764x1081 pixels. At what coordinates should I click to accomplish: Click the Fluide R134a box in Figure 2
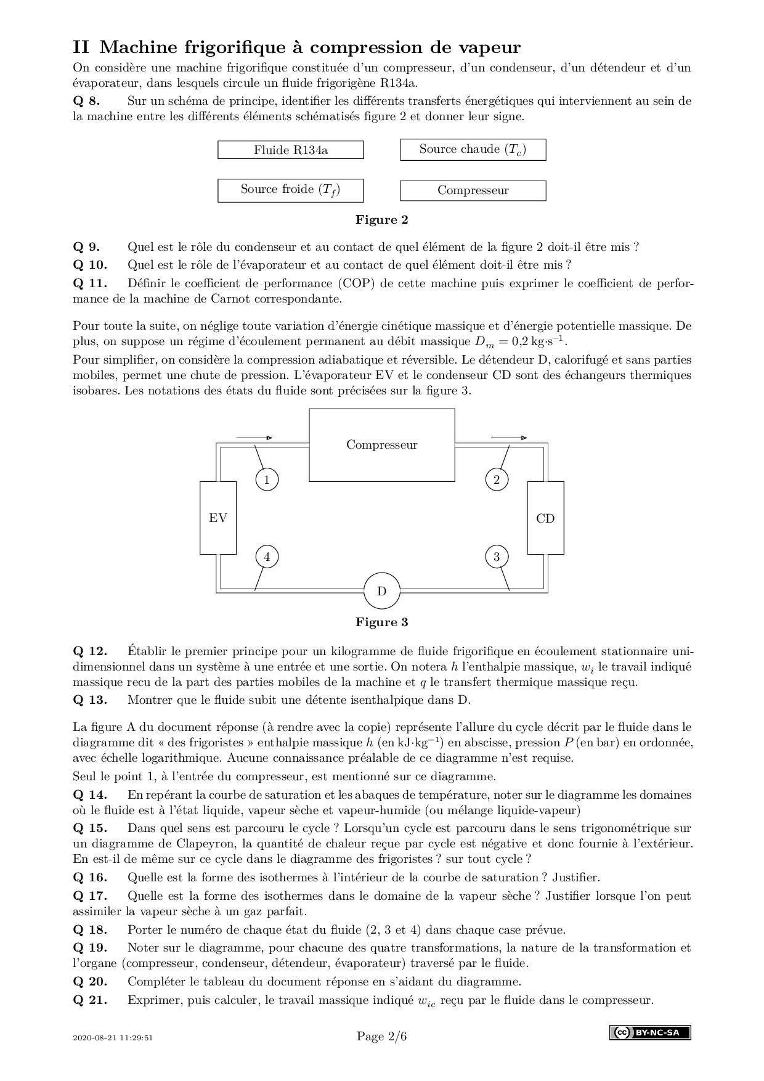pyautogui.click(x=290, y=150)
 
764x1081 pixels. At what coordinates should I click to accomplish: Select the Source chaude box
pyautogui.click(x=473, y=150)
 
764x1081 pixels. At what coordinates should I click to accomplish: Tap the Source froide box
pyautogui.click(x=290, y=190)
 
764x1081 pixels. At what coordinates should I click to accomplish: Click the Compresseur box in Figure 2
pyautogui.click(x=473, y=190)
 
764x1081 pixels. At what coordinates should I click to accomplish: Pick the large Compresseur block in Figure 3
pyautogui.click(x=381, y=445)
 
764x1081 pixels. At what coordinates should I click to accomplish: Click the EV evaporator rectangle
pyautogui.click(x=218, y=518)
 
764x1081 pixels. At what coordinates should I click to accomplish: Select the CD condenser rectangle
pyautogui.click(x=545, y=518)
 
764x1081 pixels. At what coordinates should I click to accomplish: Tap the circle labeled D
pyautogui.click(x=381, y=592)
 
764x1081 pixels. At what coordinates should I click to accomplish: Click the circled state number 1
pyautogui.click(x=267, y=479)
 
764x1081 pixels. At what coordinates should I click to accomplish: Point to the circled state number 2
pyautogui.click(x=497, y=479)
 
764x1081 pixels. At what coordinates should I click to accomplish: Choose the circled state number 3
pyautogui.click(x=497, y=557)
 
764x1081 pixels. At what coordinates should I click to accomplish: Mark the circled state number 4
pyautogui.click(x=267, y=557)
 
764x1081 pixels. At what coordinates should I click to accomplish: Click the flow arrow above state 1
pyautogui.click(x=254, y=438)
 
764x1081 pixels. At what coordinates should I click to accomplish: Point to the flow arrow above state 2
pyautogui.click(x=509, y=438)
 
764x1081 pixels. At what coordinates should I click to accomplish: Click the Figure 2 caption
pyautogui.click(x=381, y=220)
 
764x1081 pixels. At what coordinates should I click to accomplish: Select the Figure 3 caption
pyautogui.click(x=381, y=622)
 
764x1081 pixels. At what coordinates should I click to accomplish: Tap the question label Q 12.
pyautogui.click(x=90, y=651)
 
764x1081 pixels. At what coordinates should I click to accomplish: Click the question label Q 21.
pyautogui.click(x=90, y=1000)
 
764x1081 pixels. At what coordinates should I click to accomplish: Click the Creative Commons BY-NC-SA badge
pyautogui.click(x=650, y=1033)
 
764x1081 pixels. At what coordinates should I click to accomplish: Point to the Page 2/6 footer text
pyautogui.click(x=381, y=1037)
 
